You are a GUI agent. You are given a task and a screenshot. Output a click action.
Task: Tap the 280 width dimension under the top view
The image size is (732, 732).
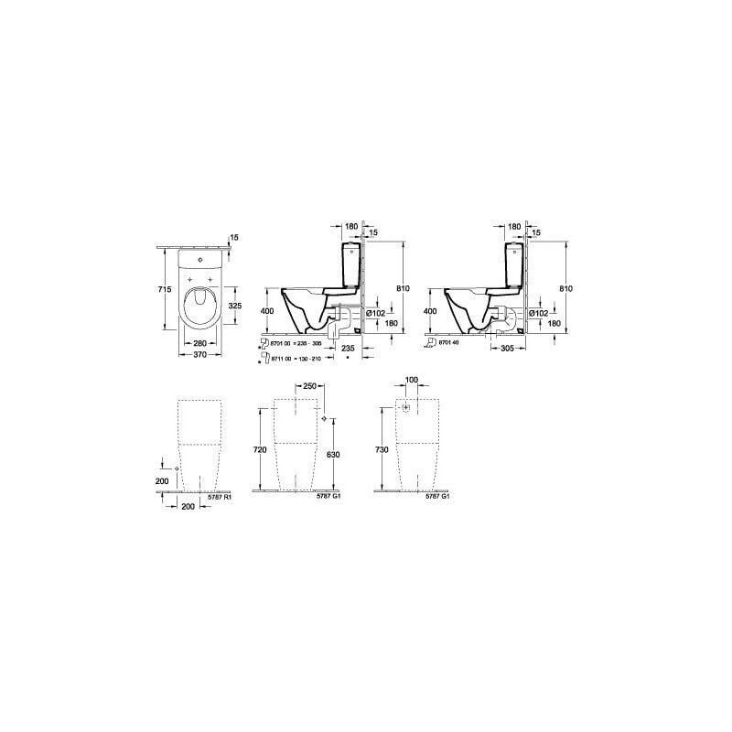[199, 344]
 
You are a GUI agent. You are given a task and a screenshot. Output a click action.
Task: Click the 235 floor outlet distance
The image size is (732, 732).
[348, 349]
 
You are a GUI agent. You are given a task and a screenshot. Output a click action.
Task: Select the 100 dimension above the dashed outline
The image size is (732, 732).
[411, 379]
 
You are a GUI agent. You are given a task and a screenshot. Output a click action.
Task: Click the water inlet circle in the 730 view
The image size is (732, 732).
[403, 405]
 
